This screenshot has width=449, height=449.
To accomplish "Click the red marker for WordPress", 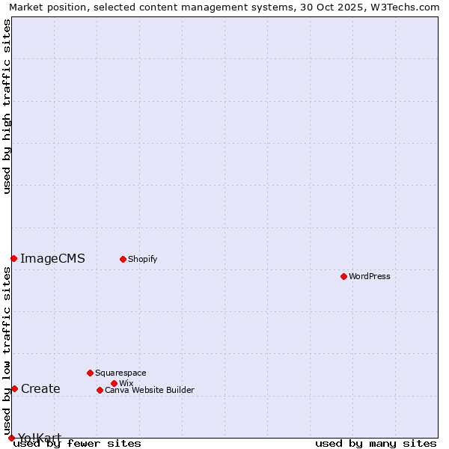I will click(x=343, y=276).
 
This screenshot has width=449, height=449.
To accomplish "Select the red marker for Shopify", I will click(x=123, y=259).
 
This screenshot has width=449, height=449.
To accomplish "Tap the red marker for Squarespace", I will click(x=90, y=373).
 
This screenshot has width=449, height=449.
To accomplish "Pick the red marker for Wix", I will click(x=114, y=383).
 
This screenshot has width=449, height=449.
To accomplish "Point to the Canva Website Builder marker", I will click(x=100, y=390).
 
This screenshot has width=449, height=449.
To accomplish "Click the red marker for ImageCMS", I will click(x=13, y=258).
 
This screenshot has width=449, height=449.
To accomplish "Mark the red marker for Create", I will click(x=14, y=388).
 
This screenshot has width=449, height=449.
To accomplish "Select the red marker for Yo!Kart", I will click(x=11, y=438).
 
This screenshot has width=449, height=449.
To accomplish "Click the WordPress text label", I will click(x=370, y=276).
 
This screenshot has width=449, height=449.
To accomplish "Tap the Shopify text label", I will click(x=142, y=259).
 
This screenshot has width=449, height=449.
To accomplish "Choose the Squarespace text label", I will click(x=120, y=373).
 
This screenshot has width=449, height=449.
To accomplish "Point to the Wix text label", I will click(x=126, y=383).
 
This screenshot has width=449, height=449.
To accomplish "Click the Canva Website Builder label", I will click(x=150, y=390).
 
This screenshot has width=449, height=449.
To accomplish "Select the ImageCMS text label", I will click(x=52, y=259).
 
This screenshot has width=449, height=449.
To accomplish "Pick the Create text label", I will click(x=40, y=388).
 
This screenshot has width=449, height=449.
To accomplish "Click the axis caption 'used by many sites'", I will click(x=376, y=443).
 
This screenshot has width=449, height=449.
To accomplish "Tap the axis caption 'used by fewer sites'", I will click(x=78, y=443).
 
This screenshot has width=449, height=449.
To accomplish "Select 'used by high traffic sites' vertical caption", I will click(x=7, y=106).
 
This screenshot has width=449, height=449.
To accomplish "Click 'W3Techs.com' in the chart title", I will click(x=408, y=7).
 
